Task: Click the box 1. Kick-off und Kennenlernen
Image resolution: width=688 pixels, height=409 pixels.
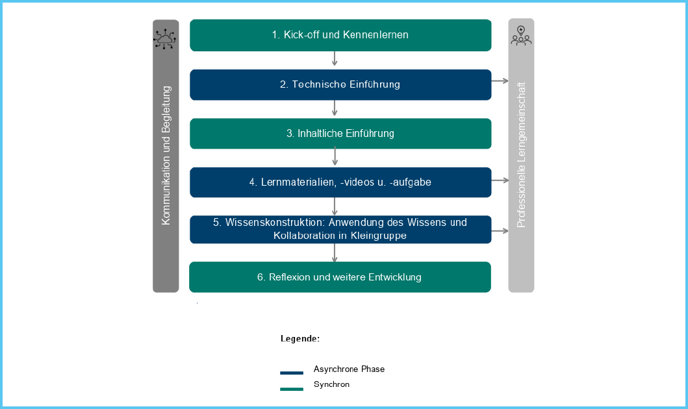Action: (340, 35)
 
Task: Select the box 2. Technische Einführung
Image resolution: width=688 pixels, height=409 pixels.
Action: (340, 84)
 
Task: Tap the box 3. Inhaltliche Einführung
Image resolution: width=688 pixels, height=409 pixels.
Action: (340, 134)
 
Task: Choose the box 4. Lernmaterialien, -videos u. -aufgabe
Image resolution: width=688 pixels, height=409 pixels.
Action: (340, 182)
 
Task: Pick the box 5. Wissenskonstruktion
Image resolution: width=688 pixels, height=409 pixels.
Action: (340, 229)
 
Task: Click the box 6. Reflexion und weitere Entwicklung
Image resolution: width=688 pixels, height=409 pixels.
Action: (340, 277)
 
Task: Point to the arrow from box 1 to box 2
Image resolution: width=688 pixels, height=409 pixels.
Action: (335, 60)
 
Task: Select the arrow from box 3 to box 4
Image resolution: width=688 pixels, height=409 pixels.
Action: (335, 158)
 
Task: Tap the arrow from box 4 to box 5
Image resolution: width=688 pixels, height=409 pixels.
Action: (335, 206)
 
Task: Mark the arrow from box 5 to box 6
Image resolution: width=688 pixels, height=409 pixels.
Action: (335, 253)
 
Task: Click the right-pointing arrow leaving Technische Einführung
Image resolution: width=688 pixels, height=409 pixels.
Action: (500, 81)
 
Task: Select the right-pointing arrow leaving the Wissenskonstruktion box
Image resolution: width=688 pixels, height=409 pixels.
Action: (500, 230)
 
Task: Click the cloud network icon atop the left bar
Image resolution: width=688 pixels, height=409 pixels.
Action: (165, 38)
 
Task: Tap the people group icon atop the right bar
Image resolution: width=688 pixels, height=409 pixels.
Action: (521, 36)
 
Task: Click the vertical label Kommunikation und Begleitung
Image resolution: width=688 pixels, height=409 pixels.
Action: (166, 156)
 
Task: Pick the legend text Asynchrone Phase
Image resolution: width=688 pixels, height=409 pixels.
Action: (349, 369)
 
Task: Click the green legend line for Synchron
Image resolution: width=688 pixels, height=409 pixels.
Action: (292, 390)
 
